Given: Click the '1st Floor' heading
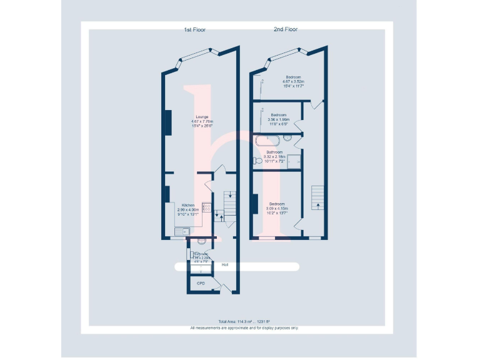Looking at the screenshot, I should (x=194, y=29).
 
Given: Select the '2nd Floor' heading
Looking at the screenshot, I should (x=286, y=29).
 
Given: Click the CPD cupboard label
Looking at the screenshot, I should (x=201, y=283).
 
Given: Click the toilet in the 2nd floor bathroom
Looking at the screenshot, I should (x=256, y=161).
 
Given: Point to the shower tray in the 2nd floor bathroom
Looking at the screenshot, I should (x=294, y=161).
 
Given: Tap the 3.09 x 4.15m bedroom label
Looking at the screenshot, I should (x=277, y=206).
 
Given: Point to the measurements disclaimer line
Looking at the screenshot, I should (x=244, y=327).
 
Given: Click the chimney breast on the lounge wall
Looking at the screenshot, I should (x=167, y=121).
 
